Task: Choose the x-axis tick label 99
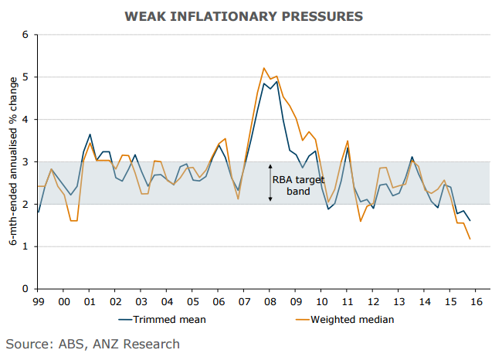point(38,301)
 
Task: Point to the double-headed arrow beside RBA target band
point(270,183)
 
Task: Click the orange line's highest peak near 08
point(264,68)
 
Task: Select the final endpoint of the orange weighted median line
point(470,239)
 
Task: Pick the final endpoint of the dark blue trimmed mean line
point(470,221)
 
